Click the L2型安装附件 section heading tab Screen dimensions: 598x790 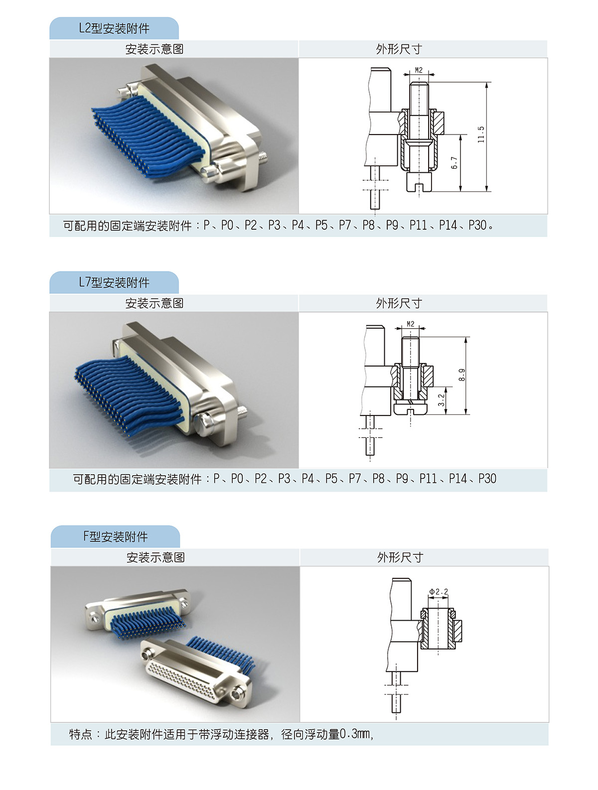[114, 28]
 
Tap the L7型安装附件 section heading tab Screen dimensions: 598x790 [114, 282]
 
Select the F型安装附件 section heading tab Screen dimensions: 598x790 [115, 536]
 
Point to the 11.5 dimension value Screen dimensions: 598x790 [481, 134]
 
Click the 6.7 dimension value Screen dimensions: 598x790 [454, 163]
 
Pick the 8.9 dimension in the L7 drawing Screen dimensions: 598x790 [462, 375]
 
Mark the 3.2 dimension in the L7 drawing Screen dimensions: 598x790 [442, 400]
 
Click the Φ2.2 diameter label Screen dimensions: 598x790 [438, 592]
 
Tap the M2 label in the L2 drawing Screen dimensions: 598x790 [418, 70]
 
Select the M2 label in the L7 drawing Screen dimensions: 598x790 [411, 324]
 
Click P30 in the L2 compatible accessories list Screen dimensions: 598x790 [477, 225]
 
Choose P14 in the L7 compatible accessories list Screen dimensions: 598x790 [458, 478]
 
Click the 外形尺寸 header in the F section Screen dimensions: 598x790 [400, 557]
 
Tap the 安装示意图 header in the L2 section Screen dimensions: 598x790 [154, 49]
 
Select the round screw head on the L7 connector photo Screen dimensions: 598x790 [204, 424]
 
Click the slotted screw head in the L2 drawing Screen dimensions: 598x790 [419, 182]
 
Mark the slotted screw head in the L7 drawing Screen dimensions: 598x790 [411, 409]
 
